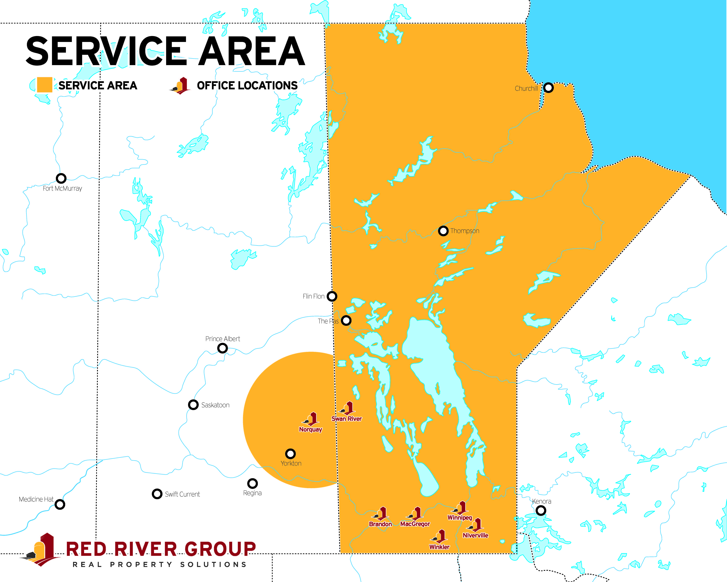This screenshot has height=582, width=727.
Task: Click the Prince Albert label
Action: (223, 339)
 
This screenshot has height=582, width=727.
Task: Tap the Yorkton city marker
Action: (290, 454)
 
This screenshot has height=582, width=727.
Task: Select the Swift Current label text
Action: (182, 494)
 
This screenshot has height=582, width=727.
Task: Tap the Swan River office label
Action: (347, 419)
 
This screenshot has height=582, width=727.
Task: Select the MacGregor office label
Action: (415, 524)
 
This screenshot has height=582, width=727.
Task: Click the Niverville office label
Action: (475, 535)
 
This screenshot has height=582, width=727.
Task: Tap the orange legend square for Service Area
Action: (44, 85)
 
